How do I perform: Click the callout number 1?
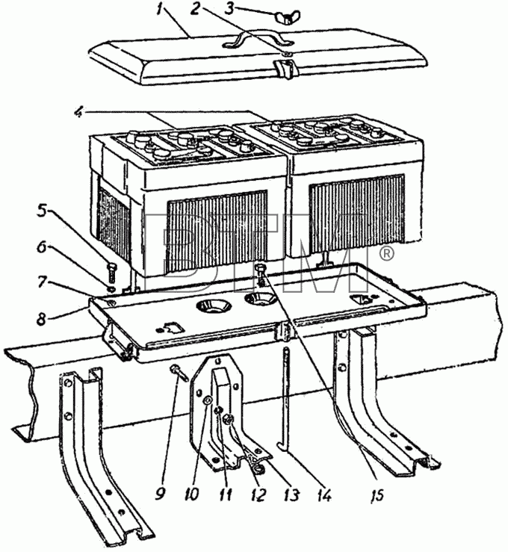pyautogui.click(x=161, y=9)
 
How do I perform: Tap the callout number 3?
pyautogui.click(x=229, y=8)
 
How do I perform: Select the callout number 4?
pyautogui.click(x=80, y=112)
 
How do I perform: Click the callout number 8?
pyautogui.click(x=41, y=319)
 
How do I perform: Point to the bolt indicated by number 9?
pyautogui.click(x=179, y=374)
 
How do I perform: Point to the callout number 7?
pyautogui.click(x=42, y=282)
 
